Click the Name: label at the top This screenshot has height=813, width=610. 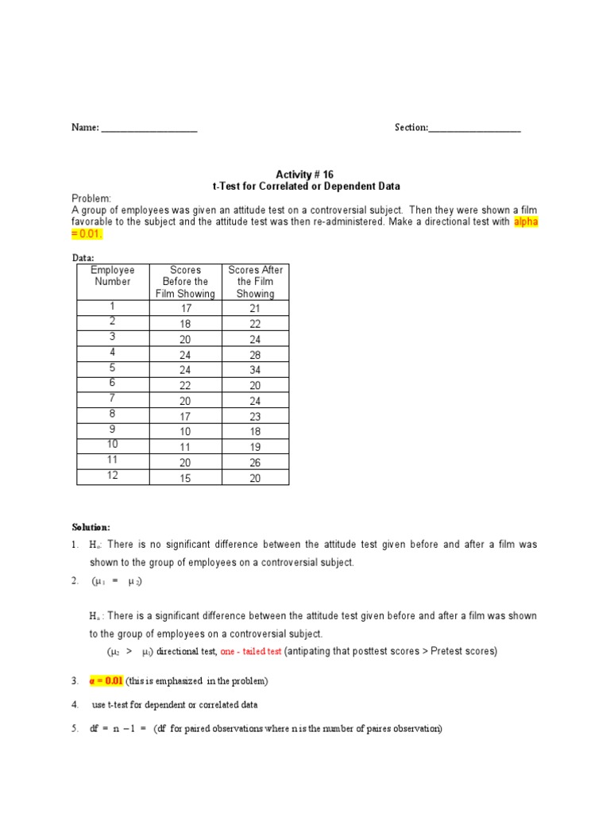pos(86,128)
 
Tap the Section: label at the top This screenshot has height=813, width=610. pos(411,128)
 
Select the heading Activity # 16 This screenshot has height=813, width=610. pos(306,174)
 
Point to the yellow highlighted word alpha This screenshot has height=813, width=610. pos(525,222)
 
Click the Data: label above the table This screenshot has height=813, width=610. pos(83,258)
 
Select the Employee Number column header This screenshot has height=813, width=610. pos(113,275)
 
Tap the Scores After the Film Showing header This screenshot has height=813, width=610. pos(255,282)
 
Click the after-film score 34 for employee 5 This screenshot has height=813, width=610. pos(255,370)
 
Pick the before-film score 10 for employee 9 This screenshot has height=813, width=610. pos(185,431)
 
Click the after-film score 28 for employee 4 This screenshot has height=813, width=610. pos(255,355)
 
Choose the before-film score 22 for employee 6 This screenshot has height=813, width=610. pos(185,385)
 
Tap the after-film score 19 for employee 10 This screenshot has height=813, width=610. pos(255,447)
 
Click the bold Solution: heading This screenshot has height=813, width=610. pos(92,527)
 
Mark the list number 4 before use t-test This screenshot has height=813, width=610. pos(75,705)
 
